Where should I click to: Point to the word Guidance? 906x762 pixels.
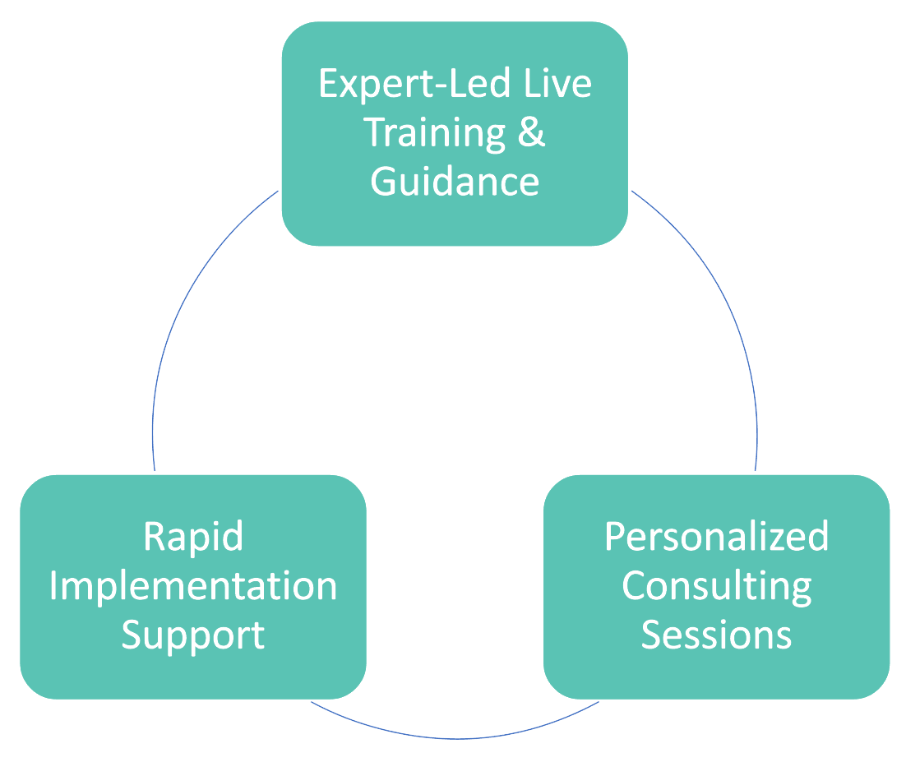(x=455, y=181)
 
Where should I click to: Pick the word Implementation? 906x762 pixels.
(x=193, y=586)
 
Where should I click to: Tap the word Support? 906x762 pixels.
(x=193, y=635)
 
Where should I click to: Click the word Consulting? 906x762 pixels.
(x=716, y=586)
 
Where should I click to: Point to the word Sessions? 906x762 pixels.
(x=716, y=635)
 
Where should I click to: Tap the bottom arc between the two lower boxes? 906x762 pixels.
(x=455, y=737)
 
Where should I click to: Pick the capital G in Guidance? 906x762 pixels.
(x=384, y=181)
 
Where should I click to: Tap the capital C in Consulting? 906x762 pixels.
(x=635, y=586)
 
